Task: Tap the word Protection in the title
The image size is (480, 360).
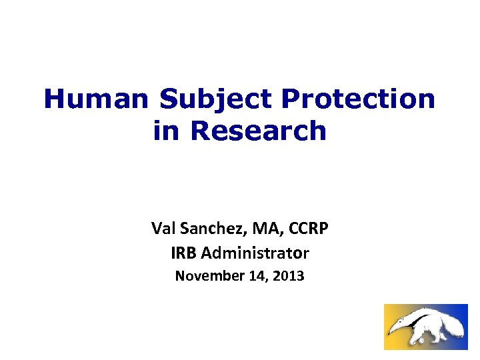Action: [358, 100]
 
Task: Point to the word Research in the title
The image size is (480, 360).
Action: [259, 131]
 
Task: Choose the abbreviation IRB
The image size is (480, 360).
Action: [184, 253]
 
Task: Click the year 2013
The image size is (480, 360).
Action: [289, 275]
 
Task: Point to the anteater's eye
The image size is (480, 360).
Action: [399, 321]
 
